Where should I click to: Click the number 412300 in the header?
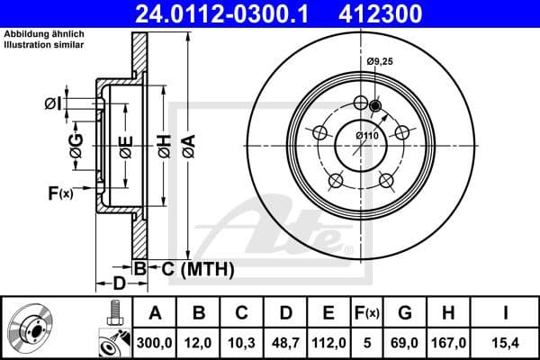(x=409, y=13)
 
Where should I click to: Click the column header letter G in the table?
(x=406, y=312)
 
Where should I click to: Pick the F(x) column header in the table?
(x=367, y=312)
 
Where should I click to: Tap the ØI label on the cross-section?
(x=54, y=104)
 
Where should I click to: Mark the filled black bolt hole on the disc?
(x=375, y=105)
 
